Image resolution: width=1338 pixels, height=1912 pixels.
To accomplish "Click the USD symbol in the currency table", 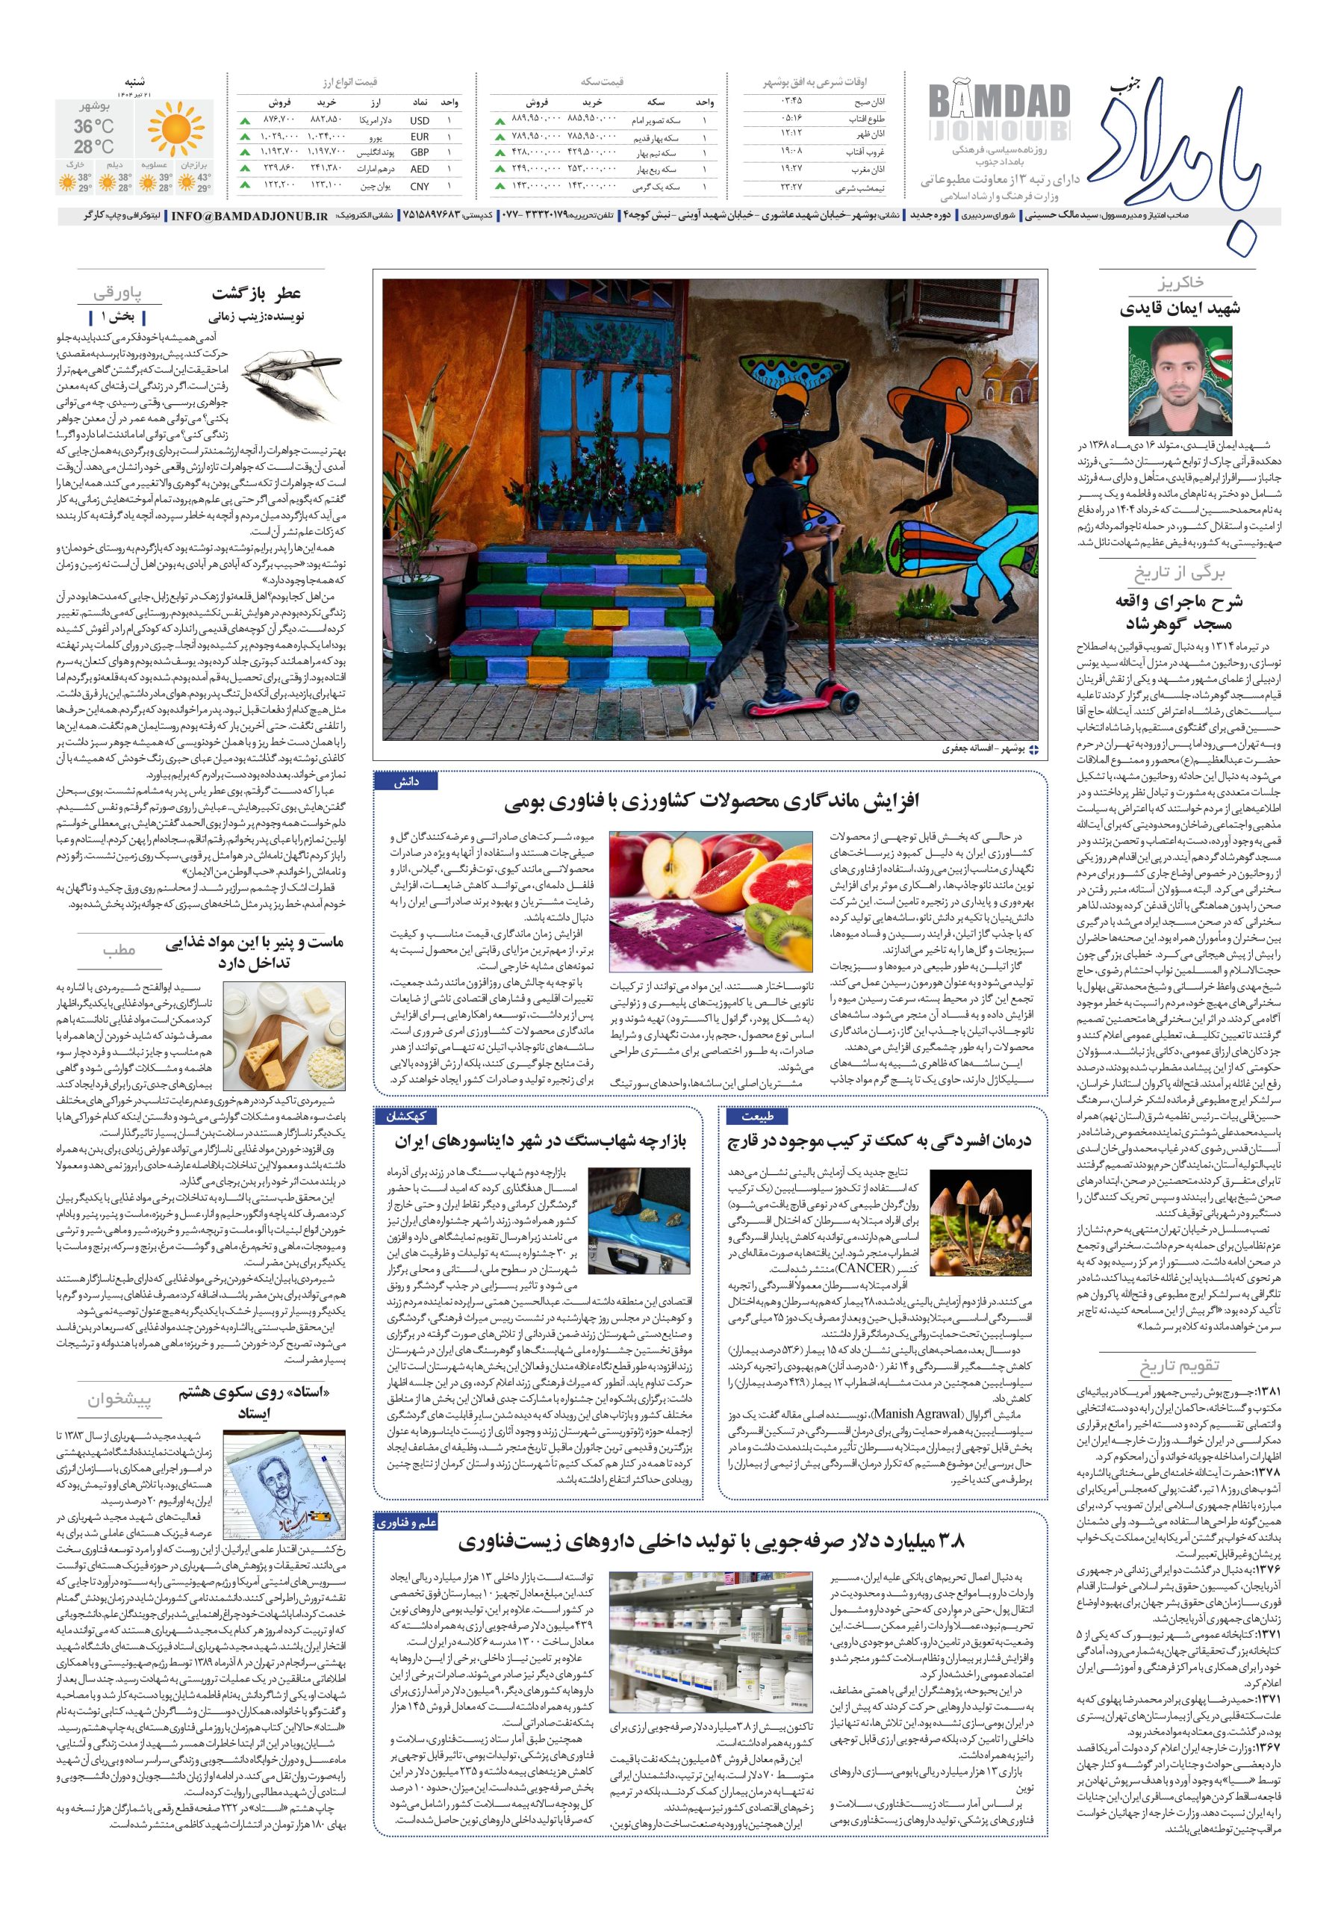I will (x=420, y=121).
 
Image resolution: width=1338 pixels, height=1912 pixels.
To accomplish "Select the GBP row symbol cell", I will (x=420, y=152).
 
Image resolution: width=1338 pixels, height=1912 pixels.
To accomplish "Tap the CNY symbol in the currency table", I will (x=420, y=187).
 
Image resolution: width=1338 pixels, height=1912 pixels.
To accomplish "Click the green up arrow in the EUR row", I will (x=245, y=137).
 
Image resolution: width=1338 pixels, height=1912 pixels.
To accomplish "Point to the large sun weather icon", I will (x=175, y=128).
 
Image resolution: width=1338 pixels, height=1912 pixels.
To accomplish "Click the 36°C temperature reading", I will (x=94, y=126).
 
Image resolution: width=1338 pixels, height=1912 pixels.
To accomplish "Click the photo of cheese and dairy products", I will (x=284, y=1035).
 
